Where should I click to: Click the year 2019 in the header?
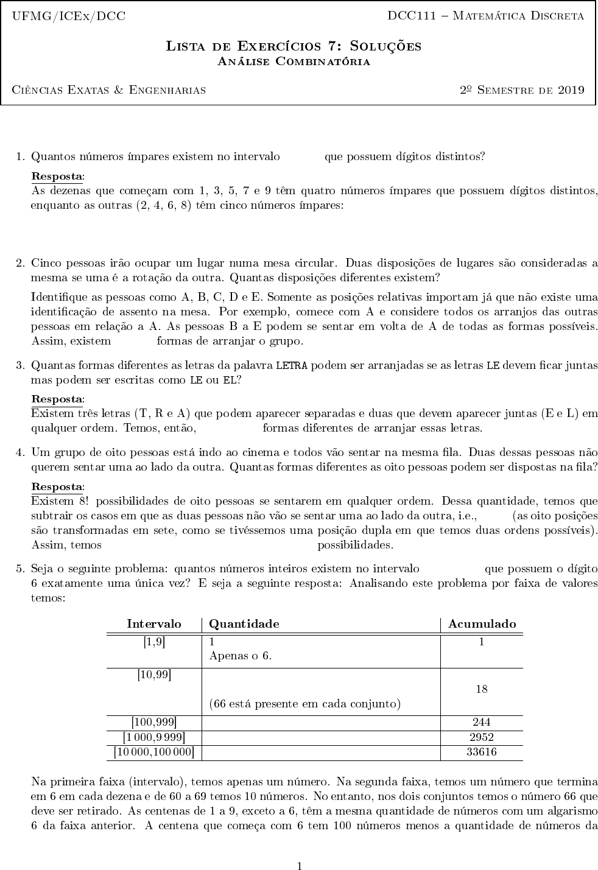click(571, 90)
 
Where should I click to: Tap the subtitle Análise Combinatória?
click(294, 61)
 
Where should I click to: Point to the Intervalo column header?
click(154, 624)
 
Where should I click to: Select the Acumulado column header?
click(482, 624)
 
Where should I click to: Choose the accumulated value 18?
click(481, 689)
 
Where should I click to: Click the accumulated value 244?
click(481, 723)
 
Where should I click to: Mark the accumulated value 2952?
click(481, 737)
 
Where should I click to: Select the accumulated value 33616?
click(481, 752)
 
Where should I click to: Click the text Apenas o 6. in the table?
click(240, 656)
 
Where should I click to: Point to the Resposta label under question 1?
click(57, 177)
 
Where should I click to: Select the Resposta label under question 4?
click(57, 487)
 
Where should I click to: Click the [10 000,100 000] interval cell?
click(154, 752)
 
